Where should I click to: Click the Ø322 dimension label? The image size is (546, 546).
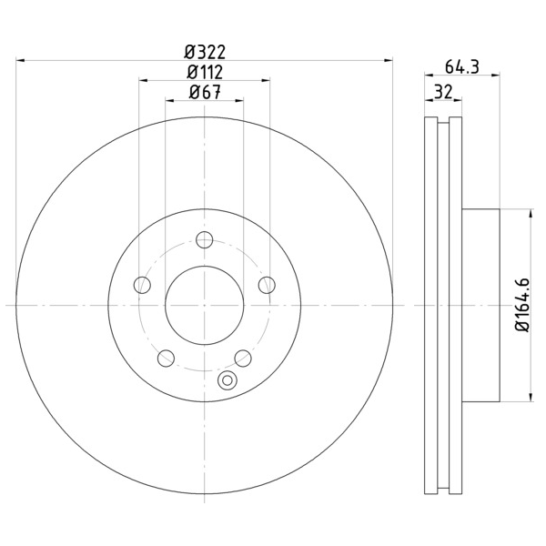coord(205,52)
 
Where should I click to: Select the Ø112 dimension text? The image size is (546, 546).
coord(205,73)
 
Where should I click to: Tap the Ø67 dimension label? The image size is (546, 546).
coord(205,92)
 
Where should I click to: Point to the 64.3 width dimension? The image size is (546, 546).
coord(462,66)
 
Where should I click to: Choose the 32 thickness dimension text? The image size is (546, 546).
coord(443,92)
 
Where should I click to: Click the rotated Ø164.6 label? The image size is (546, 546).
coord(522,305)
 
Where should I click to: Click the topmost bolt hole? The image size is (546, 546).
coord(205,239)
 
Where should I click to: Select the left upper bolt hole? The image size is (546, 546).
coord(142,285)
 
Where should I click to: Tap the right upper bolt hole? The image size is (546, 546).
coord(267,285)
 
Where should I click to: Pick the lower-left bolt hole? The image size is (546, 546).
coord(166,358)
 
